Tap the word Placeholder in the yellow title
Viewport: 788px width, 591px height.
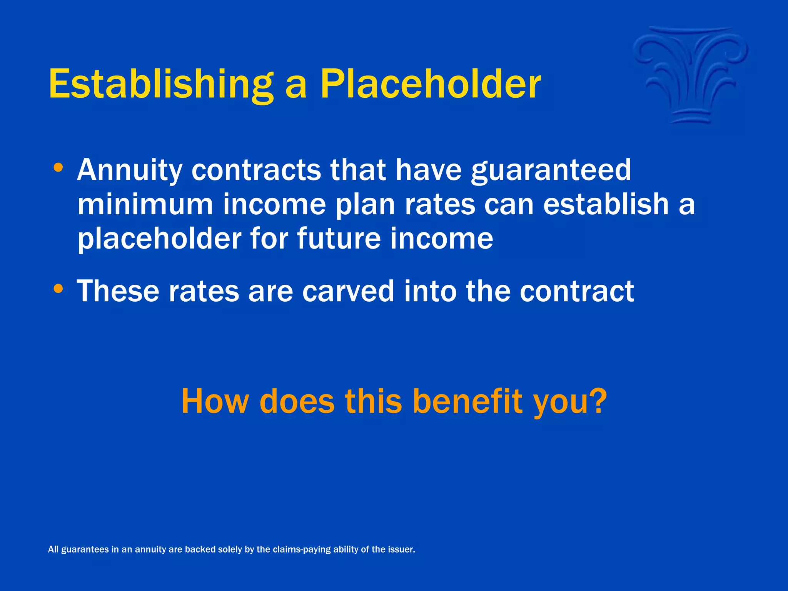(431, 84)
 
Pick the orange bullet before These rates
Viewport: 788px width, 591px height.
(58, 288)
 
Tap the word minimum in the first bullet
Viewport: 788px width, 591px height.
(145, 204)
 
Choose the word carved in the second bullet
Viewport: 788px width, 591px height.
(348, 291)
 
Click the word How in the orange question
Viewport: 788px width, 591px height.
(215, 401)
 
